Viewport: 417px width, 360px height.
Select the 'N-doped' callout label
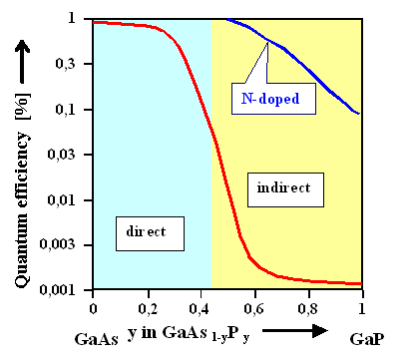click(x=272, y=97)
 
